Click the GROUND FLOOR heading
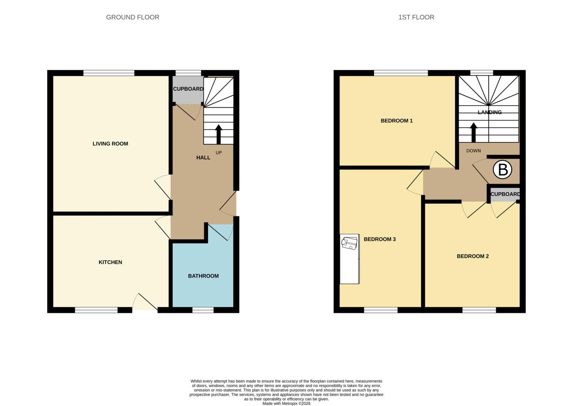tap(133, 17)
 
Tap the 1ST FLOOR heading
tap(416, 17)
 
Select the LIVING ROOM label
tap(110, 144)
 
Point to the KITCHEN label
tap(110, 262)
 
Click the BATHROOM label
tap(203, 276)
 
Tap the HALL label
tap(203, 157)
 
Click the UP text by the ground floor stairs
tap(219, 153)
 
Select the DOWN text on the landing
tap(474, 151)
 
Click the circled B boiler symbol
tap(503, 169)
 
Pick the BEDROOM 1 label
tap(397, 120)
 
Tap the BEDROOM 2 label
tap(473, 256)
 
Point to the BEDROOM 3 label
tap(380, 239)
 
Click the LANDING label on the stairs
tap(489, 112)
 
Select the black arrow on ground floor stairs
tap(218, 134)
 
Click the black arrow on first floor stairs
tap(474, 132)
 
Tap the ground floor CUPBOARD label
tap(188, 89)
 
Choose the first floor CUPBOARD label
tap(505, 194)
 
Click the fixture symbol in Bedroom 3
tap(349, 243)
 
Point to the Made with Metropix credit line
tap(286, 404)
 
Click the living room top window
tap(109, 73)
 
